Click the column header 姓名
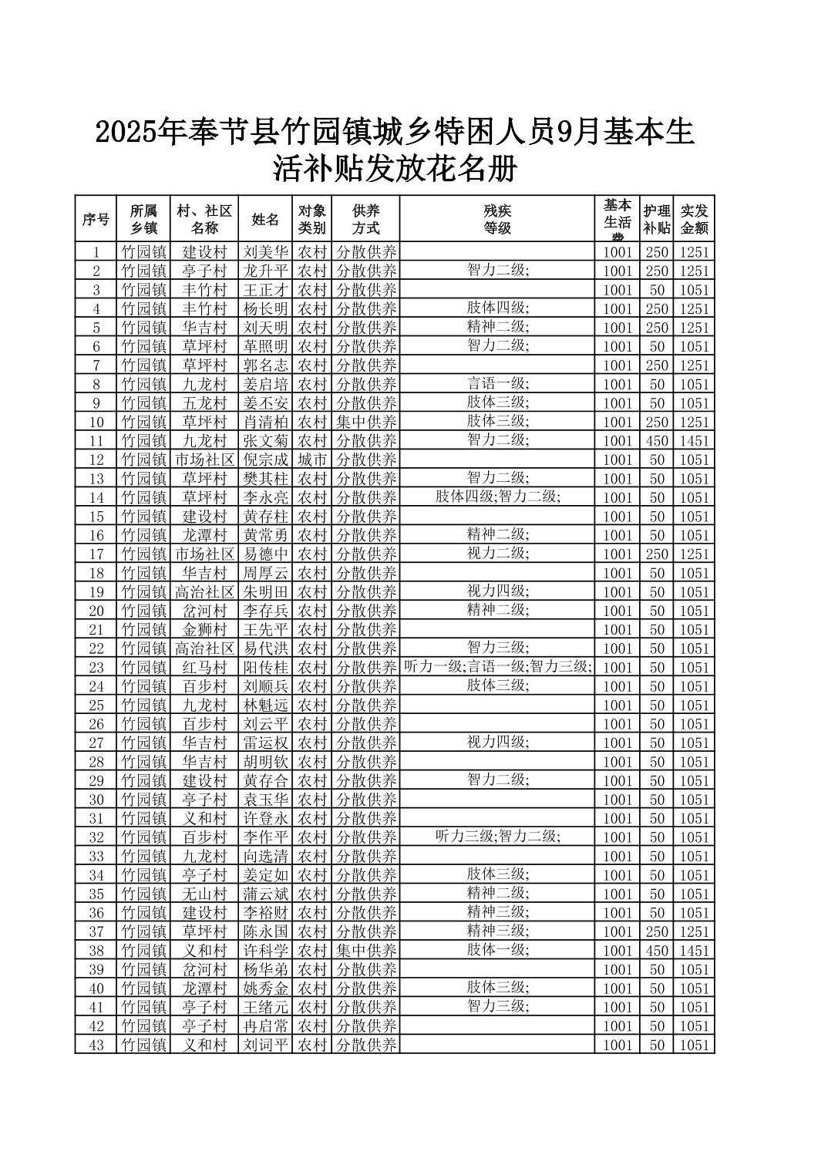(x=265, y=219)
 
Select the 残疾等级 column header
(x=497, y=219)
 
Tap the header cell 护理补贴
(x=656, y=219)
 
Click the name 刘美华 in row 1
(x=265, y=252)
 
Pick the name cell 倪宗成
(x=265, y=460)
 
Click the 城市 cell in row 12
(x=312, y=460)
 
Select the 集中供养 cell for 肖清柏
(x=366, y=422)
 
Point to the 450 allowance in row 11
(x=656, y=441)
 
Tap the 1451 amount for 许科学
(x=694, y=951)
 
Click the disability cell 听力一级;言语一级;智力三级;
(x=497, y=667)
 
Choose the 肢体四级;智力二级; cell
(x=497, y=497)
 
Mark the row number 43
(x=96, y=1045)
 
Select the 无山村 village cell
(x=204, y=894)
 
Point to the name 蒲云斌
(x=265, y=894)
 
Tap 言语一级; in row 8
(x=497, y=384)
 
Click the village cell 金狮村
(x=204, y=630)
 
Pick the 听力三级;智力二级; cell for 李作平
(x=497, y=837)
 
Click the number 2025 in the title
(x=123, y=133)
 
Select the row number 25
(x=96, y=706)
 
